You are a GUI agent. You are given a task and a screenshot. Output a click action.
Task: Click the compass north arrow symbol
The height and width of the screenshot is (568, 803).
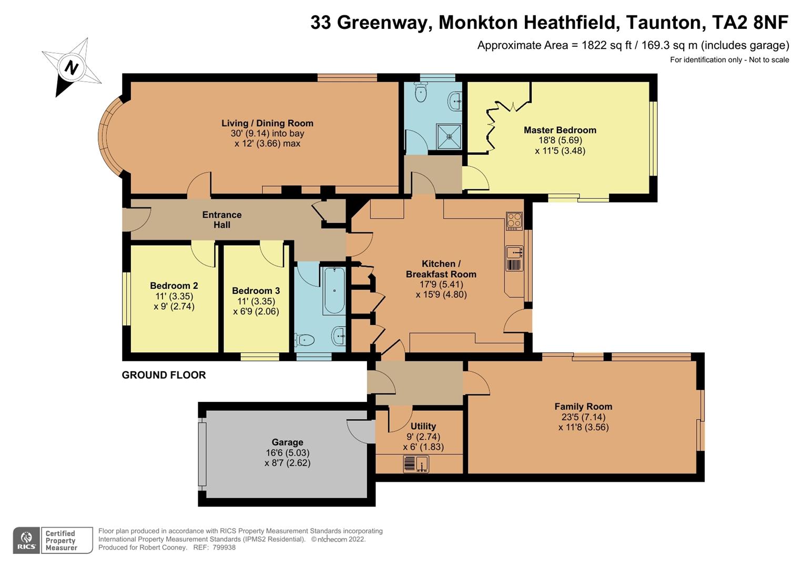pyautogui.click(x=72, y=68)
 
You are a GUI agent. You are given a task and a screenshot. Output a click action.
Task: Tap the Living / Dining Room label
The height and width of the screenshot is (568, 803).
pyautogui.click(x=267, y=123)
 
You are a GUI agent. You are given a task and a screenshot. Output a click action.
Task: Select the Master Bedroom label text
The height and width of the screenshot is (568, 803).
pyautogui.click(x=560, y=130)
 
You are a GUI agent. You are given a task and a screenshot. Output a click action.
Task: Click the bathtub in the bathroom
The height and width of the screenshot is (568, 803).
pyautogui.click(x=334, y=290)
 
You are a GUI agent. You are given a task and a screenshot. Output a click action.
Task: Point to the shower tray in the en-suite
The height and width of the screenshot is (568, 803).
pyautogui.click(x=449, y=137)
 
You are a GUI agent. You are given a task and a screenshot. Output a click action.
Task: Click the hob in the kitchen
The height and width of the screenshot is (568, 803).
pyautogui.click(x=514, y=220)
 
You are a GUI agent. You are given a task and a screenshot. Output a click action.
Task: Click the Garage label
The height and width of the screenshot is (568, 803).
pyautogui.click(x=287, y=442)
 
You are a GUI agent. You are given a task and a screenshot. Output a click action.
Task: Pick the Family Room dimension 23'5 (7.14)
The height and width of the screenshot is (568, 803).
pyautogui.click(x=583, y=417)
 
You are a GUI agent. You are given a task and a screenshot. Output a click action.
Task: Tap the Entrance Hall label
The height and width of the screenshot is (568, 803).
pyautogui.click(x=222, y=219)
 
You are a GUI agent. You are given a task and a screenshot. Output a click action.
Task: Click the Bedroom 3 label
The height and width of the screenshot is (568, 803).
pyautogui.click(x=256, y=291)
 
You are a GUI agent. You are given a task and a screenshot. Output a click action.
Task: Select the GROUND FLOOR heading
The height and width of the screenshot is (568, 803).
pyautogui.click(x=164, y=375)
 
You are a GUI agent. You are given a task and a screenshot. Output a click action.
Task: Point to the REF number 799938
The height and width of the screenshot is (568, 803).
pyautogui.click(x=224, y=547)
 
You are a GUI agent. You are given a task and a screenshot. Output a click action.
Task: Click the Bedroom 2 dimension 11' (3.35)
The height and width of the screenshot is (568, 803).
pyautogui.click(x=174, y=296)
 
